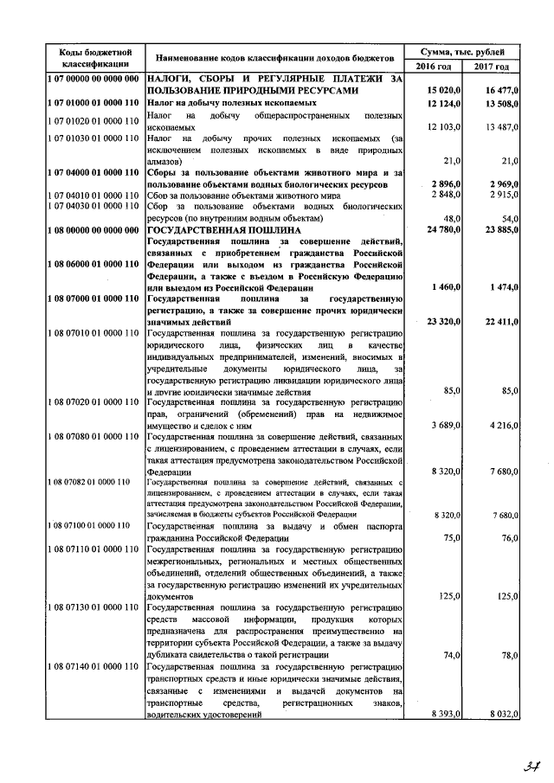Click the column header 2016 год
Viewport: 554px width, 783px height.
click(433, 67)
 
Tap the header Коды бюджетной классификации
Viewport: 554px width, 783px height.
click(95, 57)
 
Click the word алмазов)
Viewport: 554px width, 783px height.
click(164, 162)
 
